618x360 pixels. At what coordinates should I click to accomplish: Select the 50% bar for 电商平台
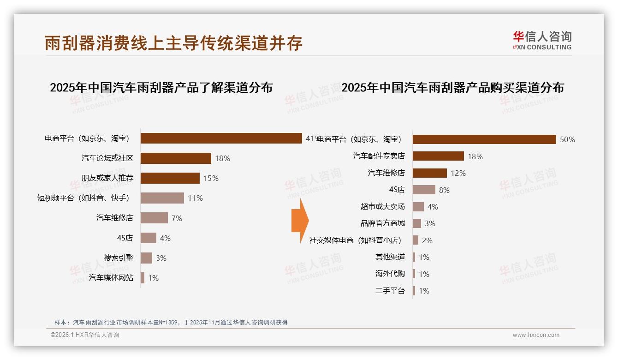pos(484,139)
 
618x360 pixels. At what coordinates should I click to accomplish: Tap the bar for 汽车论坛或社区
pos(176,158)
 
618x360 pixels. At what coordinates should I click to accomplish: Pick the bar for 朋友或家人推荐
pos(170,178)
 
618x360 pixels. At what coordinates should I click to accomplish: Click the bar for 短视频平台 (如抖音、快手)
pos(162,198)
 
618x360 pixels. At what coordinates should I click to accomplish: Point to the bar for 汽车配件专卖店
pos(438,156)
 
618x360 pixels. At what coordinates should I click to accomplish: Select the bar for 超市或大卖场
pos(418,207)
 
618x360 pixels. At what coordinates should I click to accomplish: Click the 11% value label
pos(195,198)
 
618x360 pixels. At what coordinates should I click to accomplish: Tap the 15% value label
pos(211,179)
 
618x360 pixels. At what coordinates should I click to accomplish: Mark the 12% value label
pos(458,173)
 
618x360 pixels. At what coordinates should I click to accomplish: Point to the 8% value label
pos(444,190)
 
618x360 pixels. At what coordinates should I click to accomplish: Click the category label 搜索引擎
pos(119,258)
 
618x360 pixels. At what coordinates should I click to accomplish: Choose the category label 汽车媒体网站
pos(111,277)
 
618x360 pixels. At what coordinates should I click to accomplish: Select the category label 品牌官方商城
pos(383,223)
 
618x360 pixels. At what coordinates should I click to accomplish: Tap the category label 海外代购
pos(390,274)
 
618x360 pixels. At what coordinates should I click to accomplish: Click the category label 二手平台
pos(390,291)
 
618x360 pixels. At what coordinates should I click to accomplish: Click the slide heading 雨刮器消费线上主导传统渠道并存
pos(173,43)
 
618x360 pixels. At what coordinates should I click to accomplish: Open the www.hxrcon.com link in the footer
pos(536,335)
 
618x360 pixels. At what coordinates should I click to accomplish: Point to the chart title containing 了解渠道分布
pos(161,88)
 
